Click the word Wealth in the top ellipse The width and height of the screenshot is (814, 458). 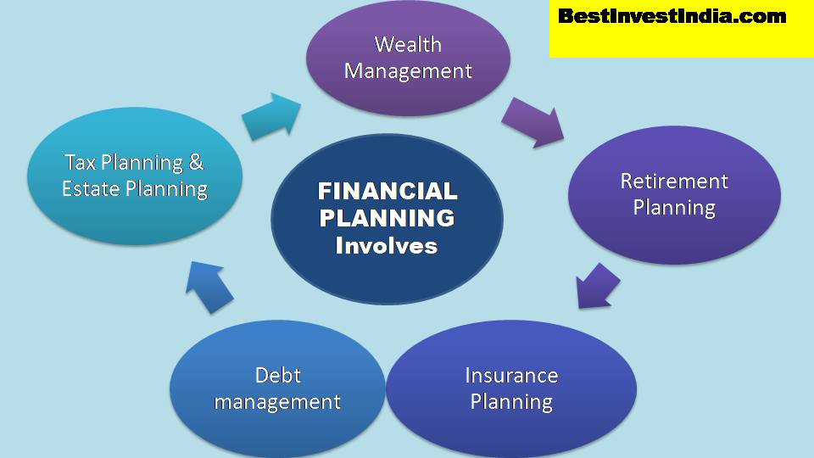coord(408,44)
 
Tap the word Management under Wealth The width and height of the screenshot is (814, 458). coord(408,70)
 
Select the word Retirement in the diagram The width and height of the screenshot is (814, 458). coord(674,181)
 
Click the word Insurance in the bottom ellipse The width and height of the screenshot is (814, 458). coord(511,375)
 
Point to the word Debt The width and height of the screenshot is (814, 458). coord(277,375)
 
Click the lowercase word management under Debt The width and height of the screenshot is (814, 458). coord(277,401)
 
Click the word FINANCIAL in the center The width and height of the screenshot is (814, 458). coord(387,191)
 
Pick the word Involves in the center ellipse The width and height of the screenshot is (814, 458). coord(387,246)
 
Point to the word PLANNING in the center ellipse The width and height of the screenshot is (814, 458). coord(387,218)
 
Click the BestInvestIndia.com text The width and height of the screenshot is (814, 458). coord(672,16)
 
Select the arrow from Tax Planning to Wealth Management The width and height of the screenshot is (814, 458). coord(270,116)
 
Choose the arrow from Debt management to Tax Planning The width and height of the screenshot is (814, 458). coord(209,285)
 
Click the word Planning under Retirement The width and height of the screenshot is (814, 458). coord(674,207)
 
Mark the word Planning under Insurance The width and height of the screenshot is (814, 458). coord(511,401)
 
